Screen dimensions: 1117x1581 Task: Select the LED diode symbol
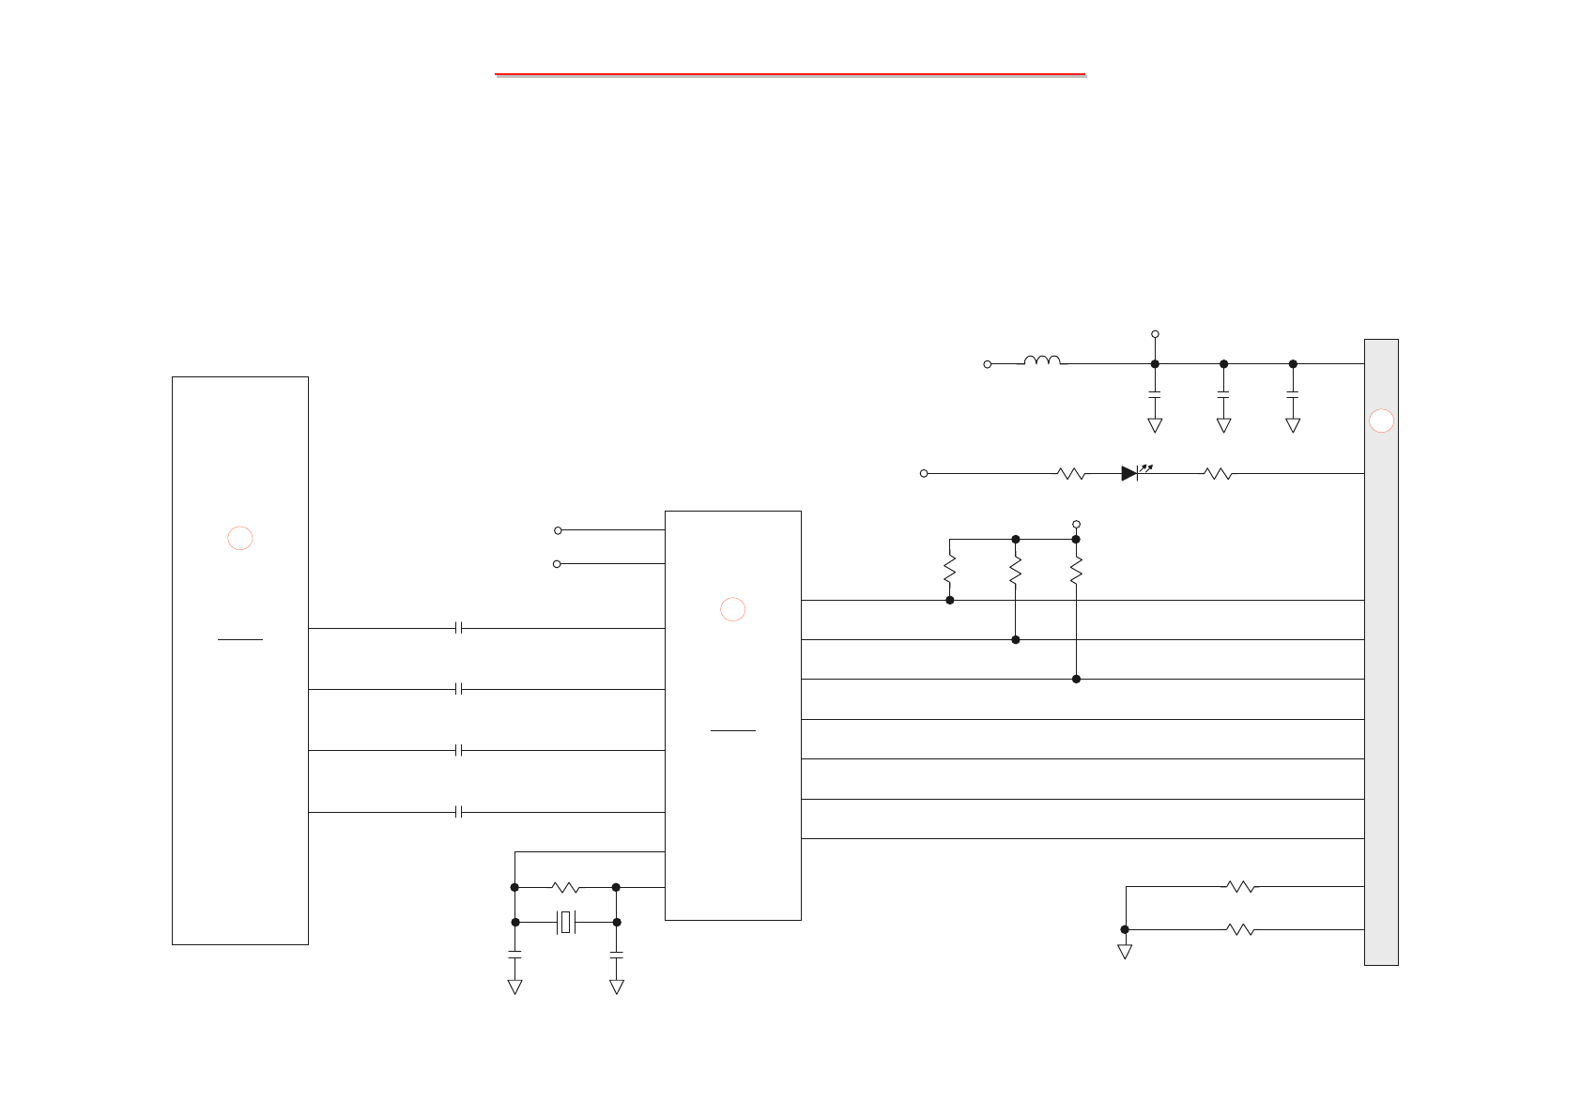point(1130,474)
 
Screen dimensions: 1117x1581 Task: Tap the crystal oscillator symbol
point(565,923)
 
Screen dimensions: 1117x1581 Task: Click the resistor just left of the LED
point(1071,474)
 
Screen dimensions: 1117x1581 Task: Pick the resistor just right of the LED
point(1218,474)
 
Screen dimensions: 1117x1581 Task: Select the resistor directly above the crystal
point(565,887)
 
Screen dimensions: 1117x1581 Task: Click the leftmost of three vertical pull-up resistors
point(950,570)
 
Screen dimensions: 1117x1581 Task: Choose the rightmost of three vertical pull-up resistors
point(1077,570)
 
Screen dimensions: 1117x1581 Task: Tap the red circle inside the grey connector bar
point(1381,421)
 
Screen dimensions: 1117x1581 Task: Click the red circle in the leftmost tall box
point(240,538)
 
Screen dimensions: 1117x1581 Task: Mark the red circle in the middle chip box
point(733,609)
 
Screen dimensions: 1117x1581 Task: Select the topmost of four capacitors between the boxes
point(459,628)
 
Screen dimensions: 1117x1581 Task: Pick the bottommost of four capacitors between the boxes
point(459,812)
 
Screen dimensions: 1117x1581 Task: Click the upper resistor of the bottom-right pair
point(1240,886)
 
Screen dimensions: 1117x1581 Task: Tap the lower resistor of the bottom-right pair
point(1240,929)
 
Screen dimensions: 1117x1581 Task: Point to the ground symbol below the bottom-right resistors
point(1125,951)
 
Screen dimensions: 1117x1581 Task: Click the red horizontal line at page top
point(790,73)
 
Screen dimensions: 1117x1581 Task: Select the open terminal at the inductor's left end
point(988,364)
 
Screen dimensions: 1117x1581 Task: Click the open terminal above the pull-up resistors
point(1077,524)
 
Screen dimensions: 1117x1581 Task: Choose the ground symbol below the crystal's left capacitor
point(514,987)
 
